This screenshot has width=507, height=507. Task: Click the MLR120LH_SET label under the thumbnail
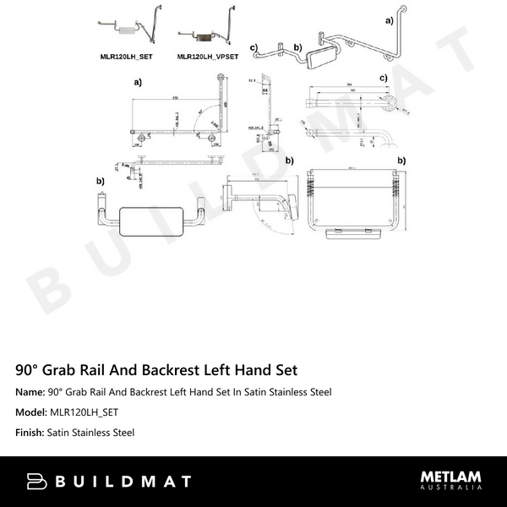126,57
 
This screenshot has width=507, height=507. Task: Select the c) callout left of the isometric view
253,46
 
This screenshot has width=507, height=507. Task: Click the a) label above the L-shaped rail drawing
137,84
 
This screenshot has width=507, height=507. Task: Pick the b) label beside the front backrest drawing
100,182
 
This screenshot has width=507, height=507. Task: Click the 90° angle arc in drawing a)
200,111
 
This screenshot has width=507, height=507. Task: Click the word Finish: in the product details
30,433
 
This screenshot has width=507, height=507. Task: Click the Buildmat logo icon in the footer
38,482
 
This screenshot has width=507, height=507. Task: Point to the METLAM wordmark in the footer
451,477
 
